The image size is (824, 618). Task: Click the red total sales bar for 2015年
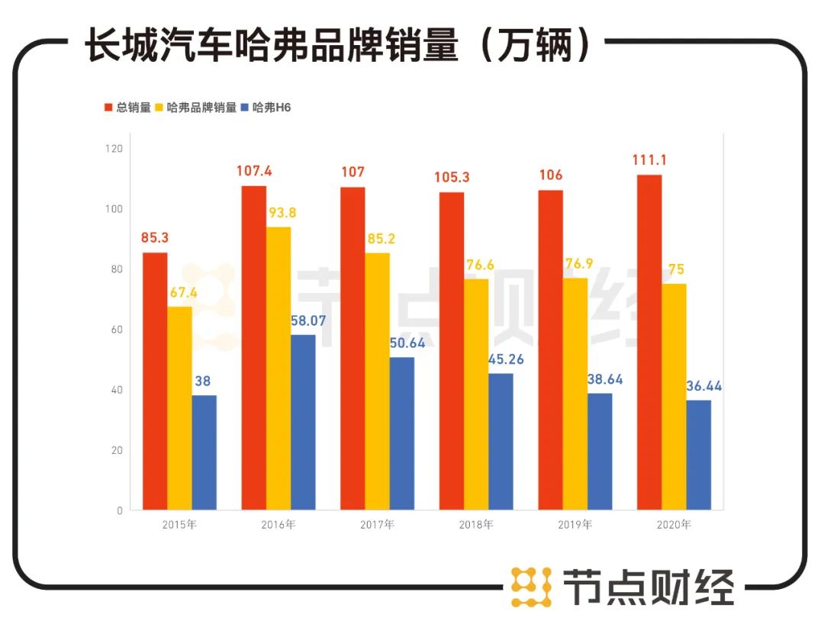point(155,381)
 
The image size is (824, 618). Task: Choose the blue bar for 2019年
point(600,451)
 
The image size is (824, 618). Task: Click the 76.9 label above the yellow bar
point(577,265)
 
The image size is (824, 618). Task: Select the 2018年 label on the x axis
point(476,525)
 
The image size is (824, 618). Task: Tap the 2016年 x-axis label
point(278,525)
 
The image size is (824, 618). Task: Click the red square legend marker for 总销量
point(108,108)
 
